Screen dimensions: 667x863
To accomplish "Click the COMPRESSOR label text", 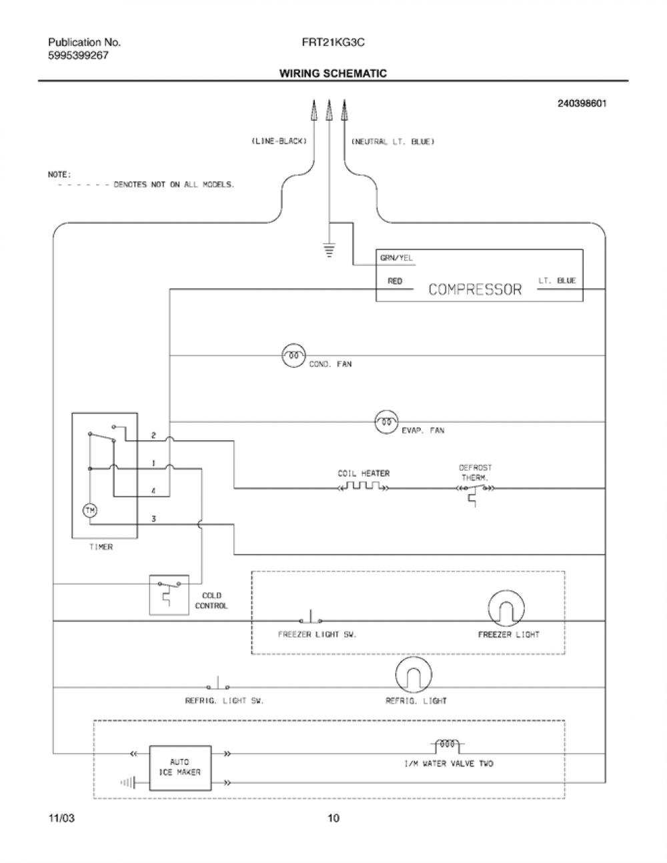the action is (475, 289).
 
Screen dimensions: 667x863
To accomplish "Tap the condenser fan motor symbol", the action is (293, 355).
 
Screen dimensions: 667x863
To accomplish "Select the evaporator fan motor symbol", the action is (386, 421).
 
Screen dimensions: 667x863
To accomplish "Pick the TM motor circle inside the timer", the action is (90, 510).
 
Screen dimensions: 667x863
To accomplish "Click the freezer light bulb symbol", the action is (506, 609).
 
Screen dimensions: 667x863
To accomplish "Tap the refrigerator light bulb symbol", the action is (414, 675).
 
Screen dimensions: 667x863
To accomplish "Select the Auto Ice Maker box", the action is (180, 768).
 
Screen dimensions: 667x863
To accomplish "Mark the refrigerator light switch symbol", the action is (217, 683).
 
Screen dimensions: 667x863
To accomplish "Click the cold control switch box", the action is (169, 595).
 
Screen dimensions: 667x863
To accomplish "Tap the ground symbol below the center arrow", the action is (329, 251).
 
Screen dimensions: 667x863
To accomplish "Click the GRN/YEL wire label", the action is (396, 257).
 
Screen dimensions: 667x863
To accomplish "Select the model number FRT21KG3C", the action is (333, 43).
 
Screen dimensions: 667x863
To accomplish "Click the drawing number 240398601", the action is (582, 103).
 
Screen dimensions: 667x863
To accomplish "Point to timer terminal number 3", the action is (153, 519).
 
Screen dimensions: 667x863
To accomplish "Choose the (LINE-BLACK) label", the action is (279, 141).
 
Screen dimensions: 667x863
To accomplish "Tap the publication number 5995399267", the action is (78, 55).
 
